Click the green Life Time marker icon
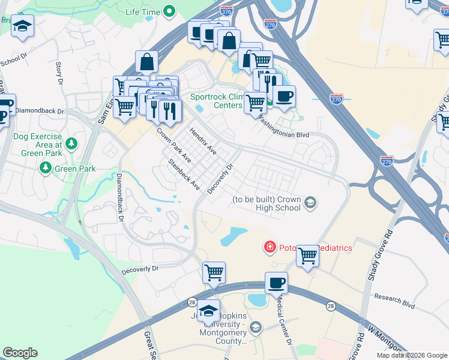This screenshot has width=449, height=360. pos(169,11)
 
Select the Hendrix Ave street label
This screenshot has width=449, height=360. pos(203,141)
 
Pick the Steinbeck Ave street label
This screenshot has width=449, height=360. pos(184,174)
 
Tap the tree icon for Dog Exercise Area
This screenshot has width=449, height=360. pos(71,143)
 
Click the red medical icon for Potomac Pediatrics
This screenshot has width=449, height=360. pos(270,247)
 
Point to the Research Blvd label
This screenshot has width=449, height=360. pos(394,301)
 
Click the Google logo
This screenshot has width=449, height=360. pos(20,353)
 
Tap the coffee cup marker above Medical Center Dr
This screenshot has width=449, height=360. pos(276,283)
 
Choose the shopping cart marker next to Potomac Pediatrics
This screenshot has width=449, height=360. pos(307,255)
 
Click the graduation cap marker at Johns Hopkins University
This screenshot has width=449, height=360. pos(208,310)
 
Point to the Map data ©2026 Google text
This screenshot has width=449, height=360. pos(411,355)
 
